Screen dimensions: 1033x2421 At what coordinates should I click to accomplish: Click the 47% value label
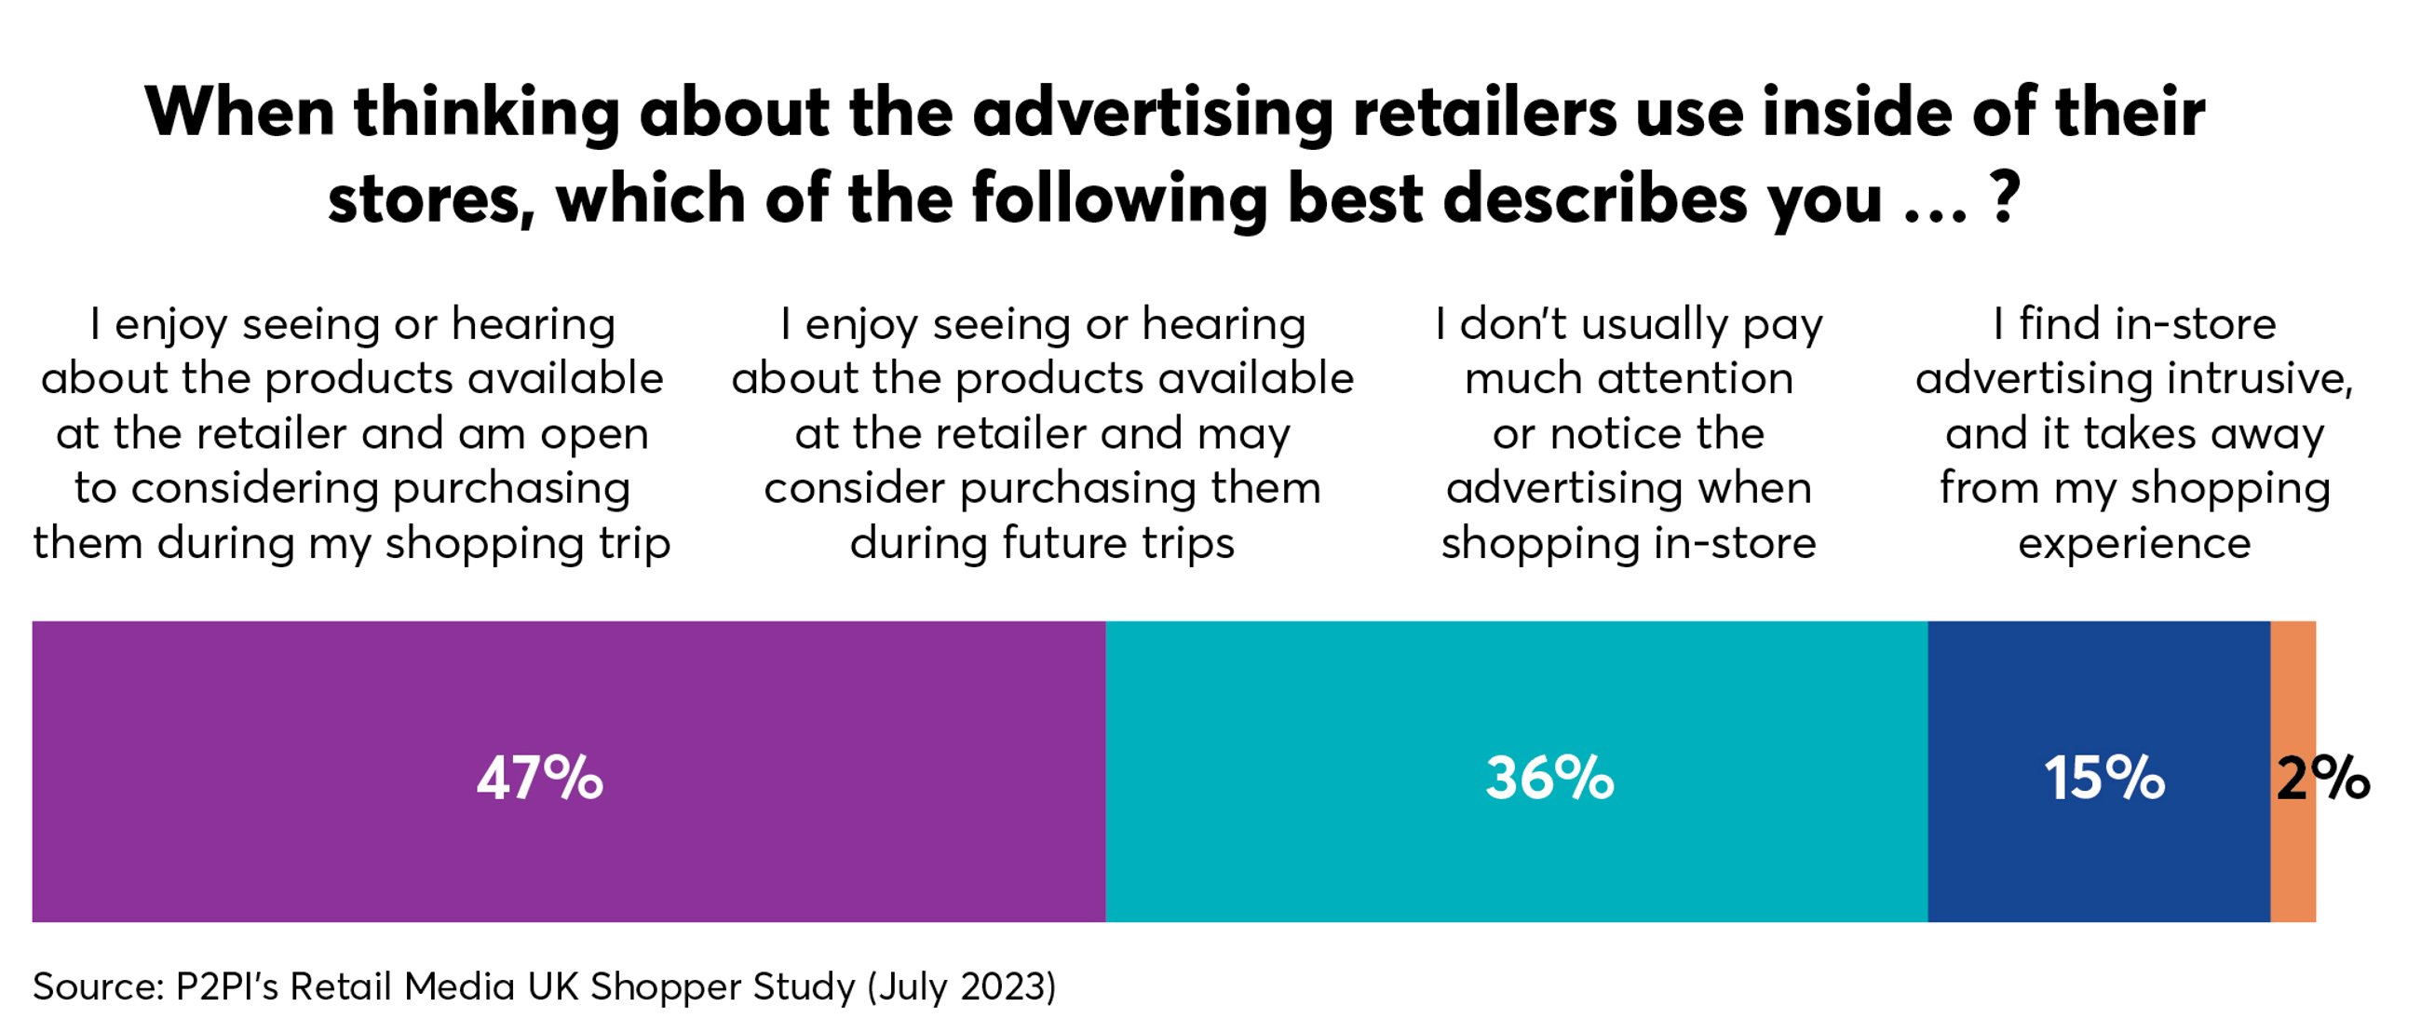coord(539,780)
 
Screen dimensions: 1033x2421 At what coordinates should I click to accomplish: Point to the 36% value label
coord(1549,780)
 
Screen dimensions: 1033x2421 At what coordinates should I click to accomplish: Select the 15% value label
coord(2104,780)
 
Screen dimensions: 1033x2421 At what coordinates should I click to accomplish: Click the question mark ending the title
coord(2004,198)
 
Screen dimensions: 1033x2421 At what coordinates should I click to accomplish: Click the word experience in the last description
coord(2134,543)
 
